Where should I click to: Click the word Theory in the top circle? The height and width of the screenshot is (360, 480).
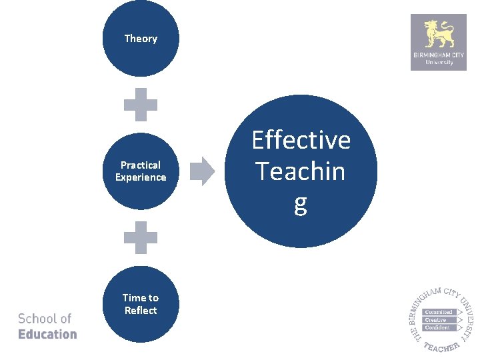coord(141,39)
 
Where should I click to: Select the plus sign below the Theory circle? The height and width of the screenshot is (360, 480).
coord(141,105)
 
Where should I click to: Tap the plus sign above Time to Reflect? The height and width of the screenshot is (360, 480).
coord(141,237)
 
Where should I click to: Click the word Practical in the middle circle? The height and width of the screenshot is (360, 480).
coord(141,165)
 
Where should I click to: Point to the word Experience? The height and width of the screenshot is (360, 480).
coord(141,177)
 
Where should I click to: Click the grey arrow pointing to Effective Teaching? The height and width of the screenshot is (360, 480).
coord(202,171)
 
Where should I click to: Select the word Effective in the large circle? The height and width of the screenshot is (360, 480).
coord(301,140)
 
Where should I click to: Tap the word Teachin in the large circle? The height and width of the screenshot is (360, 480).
coord(301,171)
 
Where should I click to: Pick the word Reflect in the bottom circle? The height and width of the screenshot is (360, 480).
coord(141,311)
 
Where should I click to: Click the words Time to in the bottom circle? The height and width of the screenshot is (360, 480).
coord(141,298)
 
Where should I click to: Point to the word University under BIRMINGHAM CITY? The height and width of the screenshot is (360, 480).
coord(439,63)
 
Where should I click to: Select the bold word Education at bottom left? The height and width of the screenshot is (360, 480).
coord(47,334)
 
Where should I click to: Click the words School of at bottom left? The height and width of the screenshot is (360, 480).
coord(45,319)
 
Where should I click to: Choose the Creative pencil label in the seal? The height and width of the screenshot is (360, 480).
coord(437,320)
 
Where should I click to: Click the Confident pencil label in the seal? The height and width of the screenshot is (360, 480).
coord(437,327)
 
